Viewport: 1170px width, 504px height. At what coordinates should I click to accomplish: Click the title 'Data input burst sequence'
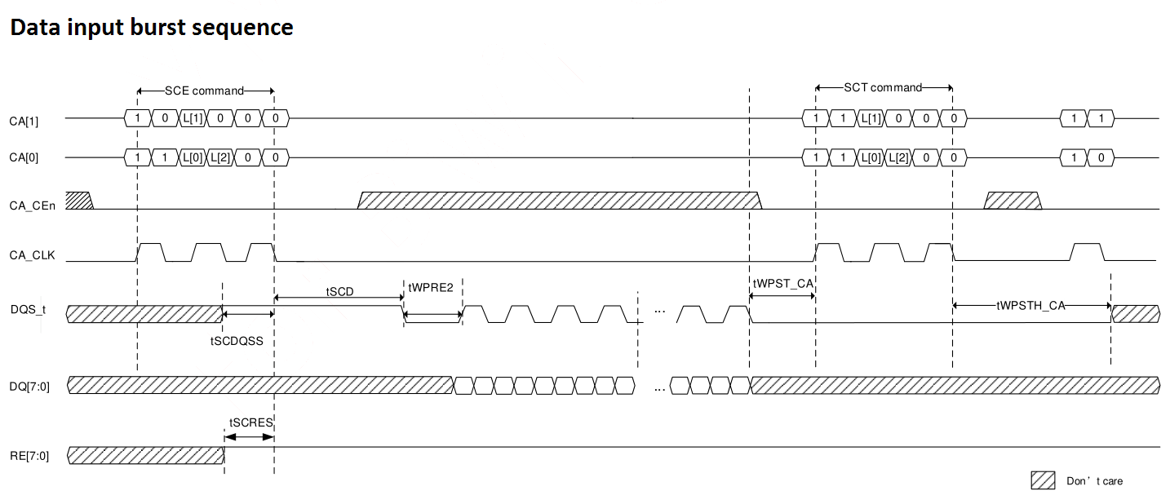[x=152, y=28]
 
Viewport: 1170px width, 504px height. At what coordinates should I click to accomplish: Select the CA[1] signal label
[x=24, y=122]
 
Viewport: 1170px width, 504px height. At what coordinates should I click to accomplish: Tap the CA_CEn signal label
[x=32, y=206]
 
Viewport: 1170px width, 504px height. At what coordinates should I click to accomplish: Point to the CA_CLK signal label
[x=32, y=255]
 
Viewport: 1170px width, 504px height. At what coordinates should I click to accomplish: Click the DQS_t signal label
[x=28, y=309]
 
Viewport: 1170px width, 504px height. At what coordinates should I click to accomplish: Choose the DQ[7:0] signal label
[x=29, y=387]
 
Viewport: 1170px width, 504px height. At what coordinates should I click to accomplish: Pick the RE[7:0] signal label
[x=29, y=456]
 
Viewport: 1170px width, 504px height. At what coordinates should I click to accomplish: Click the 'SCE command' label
[x=204, y=91]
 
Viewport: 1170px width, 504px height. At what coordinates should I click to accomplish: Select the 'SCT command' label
[x=883, y=87]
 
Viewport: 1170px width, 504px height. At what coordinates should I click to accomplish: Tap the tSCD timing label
[x=339, y=291]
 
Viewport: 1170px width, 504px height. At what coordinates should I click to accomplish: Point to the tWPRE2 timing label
[x=431, y=287]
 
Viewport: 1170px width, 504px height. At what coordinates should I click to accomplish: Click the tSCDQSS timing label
[x=237, y=341]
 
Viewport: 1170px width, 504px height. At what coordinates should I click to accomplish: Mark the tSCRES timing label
[x=250, y=422]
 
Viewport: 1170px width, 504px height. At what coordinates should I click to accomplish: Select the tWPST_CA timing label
[x=783, y=284]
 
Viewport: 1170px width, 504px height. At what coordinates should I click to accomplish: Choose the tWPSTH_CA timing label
[x=1030, y=306]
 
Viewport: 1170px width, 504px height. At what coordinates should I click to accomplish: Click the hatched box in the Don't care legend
[x=1043, y=480]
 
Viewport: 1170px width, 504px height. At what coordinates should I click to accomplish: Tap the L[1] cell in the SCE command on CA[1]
[x=193, y=118]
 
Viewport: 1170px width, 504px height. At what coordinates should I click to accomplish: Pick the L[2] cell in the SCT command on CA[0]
[x=898, y=157]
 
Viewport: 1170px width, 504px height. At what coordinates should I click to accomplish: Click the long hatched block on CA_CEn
[x=560, y=201]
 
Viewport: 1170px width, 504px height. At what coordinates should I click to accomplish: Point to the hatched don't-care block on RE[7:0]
[x=146, y=455]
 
